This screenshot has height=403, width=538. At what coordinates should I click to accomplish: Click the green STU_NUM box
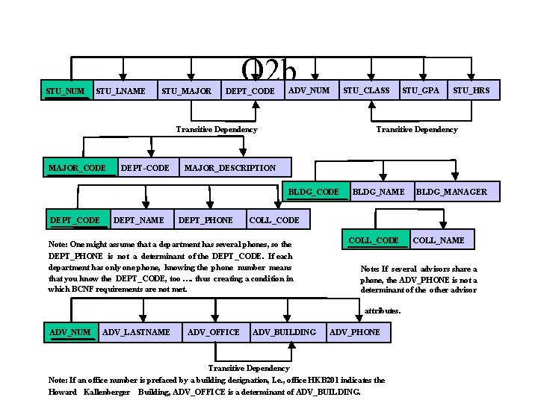tap(66, 91)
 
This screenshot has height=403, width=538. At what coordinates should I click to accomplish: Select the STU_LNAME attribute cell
tap(121, 91)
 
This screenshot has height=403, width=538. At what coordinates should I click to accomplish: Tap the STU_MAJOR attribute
tap(186, 91)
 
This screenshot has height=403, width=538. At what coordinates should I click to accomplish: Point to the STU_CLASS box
tap(366, 91)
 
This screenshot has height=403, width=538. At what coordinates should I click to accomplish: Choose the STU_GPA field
tap(421, 91)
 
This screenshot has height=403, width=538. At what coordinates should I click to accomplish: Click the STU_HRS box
tap(471, 91)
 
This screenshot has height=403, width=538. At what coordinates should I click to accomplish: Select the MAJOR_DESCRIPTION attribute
tap(230, 167)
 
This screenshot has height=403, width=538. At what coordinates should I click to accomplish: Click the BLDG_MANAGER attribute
tap(451, 192)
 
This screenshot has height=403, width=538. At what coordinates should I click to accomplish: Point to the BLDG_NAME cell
tap(379, 192)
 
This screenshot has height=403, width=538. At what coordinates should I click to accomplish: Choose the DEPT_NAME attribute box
tap(138, 219)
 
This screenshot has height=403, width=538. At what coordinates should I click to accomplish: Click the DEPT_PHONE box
tap(206, 219)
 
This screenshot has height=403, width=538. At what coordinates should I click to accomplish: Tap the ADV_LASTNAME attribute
tap(137, 331)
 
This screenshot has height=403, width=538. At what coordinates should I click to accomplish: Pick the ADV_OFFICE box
tap(214, 331)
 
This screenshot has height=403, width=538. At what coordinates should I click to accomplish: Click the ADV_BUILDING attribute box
tap(285, 331)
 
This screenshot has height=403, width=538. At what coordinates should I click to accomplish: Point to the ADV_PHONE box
tap(356, 331)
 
